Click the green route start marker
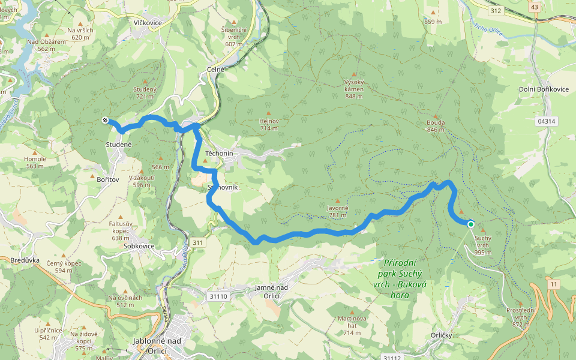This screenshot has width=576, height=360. coord(471,224)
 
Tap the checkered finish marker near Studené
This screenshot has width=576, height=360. coord(105,121)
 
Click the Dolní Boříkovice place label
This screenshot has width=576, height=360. coord(543,89)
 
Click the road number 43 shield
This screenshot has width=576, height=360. coord(533,7)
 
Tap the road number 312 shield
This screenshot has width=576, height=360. coord(495,11)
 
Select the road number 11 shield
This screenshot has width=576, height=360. coord(553,284)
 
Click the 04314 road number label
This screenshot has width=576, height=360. coord(546,121)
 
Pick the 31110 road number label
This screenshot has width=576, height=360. coord(218,296)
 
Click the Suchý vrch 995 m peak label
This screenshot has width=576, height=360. coord(483,245)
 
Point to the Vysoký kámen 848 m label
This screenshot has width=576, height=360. coord(354,88)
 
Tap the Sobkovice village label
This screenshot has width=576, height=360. coord(139,246)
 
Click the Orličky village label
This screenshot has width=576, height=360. coord(441,335)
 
